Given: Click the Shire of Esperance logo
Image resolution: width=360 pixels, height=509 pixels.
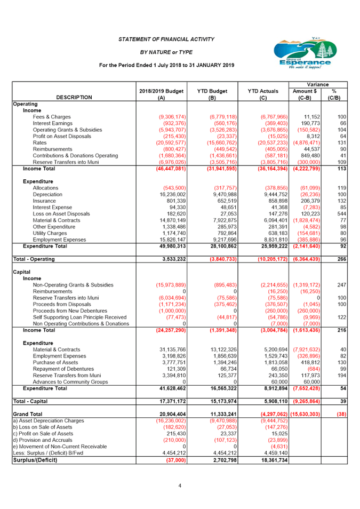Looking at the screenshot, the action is pyautogui.click(x=305, y=53).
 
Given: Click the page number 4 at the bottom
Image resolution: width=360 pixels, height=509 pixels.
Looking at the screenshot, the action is pyautogui.click(x=180, y=486).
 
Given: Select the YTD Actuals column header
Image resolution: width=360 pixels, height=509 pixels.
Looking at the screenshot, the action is pyautogui.click(x=263, y=94).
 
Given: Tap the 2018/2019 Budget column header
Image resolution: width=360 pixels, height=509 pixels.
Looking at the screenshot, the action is pyautogui.click(x=162, y=94).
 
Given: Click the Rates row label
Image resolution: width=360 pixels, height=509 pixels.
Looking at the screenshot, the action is pyautogui.click(x=39, y=143).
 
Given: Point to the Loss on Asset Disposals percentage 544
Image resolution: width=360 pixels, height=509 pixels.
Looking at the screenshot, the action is pyautogui.click(x=342, y=214).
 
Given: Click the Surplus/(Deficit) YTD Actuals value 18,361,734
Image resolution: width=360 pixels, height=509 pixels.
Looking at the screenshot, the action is pyautogui.click(x=274, y=460).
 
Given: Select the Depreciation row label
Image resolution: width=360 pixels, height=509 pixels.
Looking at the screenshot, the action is pyautogui.click(x=47, y=194).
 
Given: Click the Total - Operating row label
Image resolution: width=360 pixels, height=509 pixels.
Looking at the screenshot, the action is pyautogui.click(x=34, y=259).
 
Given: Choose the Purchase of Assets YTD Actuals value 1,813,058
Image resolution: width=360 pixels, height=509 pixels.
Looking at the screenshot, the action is pyautogui.click(x=276, y=363).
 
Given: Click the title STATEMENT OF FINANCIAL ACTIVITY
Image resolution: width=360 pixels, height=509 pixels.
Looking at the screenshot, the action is pyautogui.click(x=166, y=39).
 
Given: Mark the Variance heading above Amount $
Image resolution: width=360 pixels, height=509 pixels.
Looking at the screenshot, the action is pyautogui.click(x=318, y=84).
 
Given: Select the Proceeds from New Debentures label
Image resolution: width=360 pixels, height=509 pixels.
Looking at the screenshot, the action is pyautogui.click(x=70, y=311).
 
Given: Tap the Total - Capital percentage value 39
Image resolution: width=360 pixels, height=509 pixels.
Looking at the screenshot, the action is pyautogui.click(x=343, y=401).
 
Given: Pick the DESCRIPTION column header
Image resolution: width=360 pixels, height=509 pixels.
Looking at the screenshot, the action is pyautogui.click(x=74, y=98).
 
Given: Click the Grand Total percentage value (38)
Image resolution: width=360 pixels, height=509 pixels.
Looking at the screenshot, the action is pyautogui.click(x=341, y=414).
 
